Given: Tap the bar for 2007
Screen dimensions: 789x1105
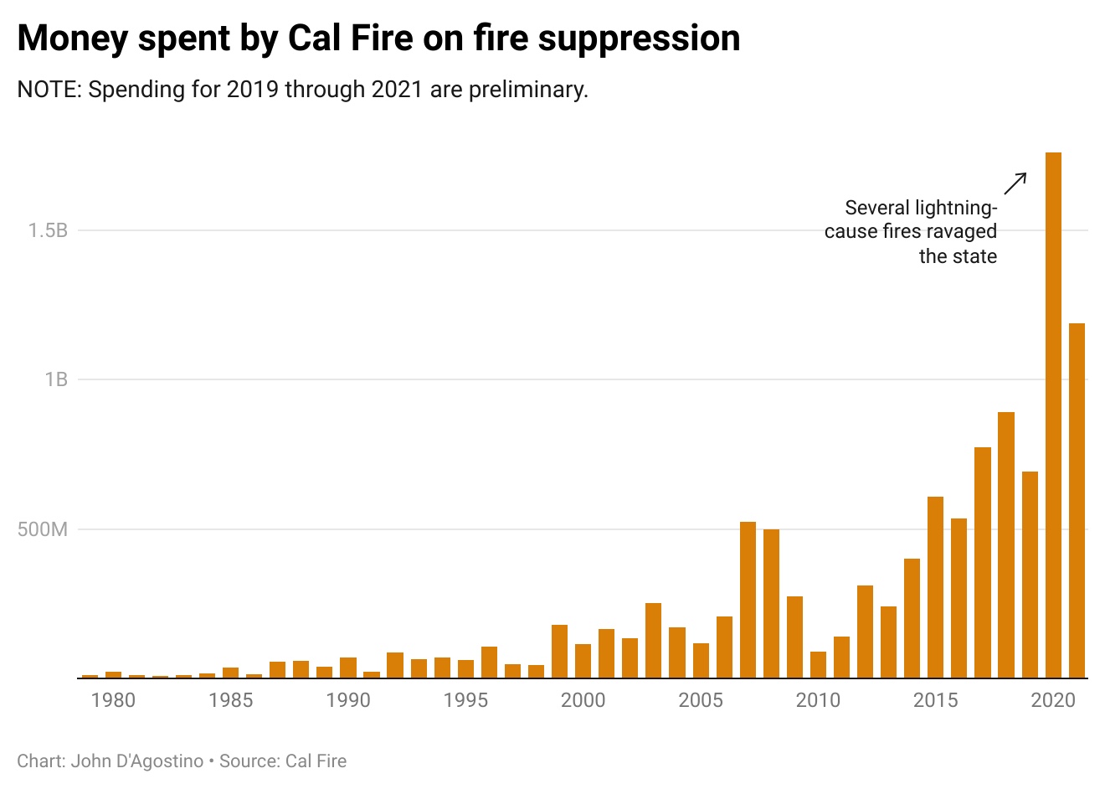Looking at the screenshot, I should (748, 600).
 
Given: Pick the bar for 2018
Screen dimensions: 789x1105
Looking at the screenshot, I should (1006, 544).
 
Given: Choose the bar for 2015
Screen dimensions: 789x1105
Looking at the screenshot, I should (935, 587).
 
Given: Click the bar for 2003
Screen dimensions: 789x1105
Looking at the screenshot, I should (653, 640).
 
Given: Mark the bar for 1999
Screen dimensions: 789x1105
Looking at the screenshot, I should (559, 651).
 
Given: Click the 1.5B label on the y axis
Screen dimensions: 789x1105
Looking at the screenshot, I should (48, 230).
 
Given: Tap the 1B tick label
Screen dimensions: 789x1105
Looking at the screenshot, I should (56, 379).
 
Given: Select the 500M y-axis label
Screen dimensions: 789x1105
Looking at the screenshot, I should (43, 529).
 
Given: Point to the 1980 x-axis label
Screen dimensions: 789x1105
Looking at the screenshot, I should (113, 700).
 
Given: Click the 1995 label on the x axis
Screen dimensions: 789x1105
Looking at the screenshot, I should (465, 700).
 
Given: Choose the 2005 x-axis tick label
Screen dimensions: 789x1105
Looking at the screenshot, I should (701, 700).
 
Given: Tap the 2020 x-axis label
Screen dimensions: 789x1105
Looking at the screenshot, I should (1053, 700).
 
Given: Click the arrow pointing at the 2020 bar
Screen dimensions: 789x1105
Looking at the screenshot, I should (1015, 183).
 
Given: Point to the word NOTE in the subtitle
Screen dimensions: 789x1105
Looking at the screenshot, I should (47, 89).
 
